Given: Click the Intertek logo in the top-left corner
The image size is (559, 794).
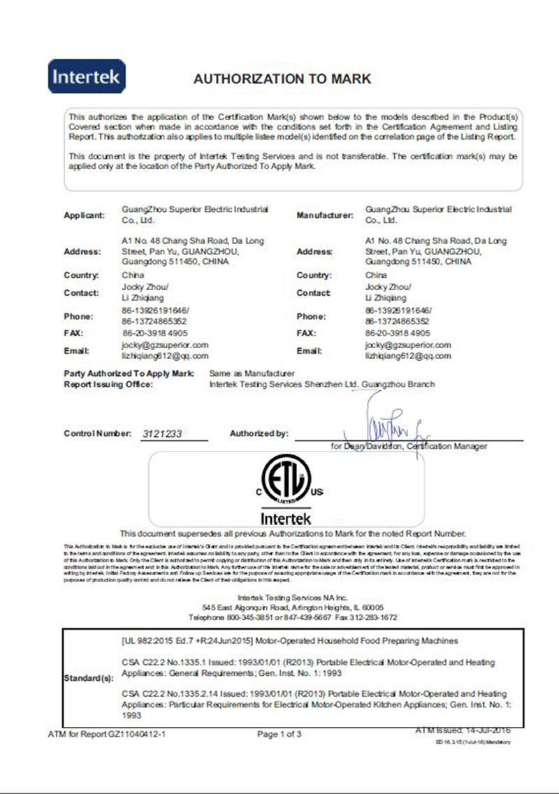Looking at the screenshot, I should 87,75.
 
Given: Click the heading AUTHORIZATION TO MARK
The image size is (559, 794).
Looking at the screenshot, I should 282,79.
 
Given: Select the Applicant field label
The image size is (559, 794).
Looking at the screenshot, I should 84,215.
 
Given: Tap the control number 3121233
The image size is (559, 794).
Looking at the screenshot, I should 162,434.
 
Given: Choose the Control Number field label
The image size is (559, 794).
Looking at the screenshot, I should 97,434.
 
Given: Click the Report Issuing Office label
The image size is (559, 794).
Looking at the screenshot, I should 108,384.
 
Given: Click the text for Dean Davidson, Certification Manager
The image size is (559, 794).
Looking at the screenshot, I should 409,446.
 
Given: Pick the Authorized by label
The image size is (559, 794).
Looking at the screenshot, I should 259,434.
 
